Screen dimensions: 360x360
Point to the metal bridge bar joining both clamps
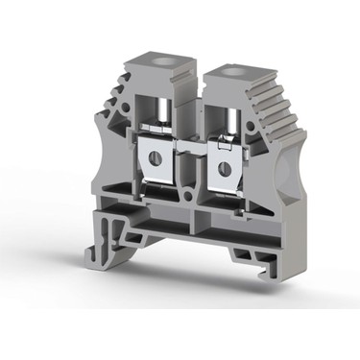[187, 155]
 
